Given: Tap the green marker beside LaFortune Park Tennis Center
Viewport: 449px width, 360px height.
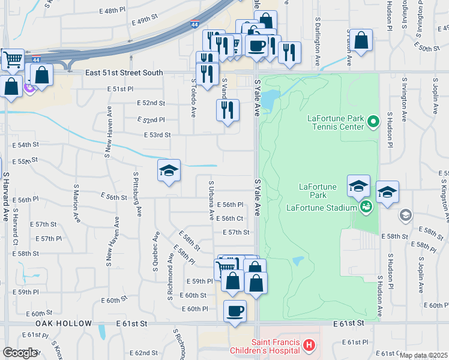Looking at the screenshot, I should (373, 122).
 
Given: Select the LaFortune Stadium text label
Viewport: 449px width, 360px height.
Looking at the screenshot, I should (322, 208).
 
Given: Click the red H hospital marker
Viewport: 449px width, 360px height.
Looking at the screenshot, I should (309, 345).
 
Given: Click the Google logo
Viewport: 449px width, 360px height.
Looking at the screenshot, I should (20, 353).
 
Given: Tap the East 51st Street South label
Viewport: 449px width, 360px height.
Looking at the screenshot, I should (124, 73).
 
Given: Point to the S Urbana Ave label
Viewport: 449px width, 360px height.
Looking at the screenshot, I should (211, 200).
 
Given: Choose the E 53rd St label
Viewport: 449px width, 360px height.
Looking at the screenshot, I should (157, 135).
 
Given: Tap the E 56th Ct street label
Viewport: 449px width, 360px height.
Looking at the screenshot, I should (229, 218).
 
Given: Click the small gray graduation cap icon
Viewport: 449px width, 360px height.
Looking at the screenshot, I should (406, 215).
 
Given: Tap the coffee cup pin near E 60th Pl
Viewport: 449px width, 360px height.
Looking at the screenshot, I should (235, 311).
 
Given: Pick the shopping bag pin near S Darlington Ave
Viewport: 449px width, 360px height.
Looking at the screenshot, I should (361, 41).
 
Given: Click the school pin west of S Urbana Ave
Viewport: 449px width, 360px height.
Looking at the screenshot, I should (169, 171).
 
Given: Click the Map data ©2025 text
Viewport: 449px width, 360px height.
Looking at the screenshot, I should (423, 355).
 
